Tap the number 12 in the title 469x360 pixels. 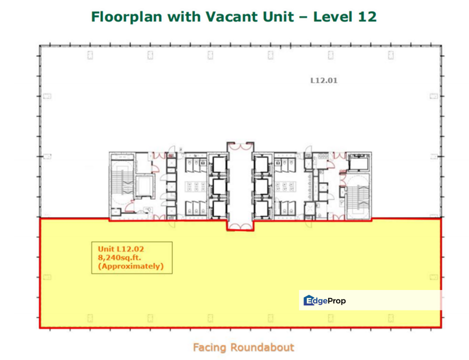[366, 16]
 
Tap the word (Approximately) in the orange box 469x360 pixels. [130, 266]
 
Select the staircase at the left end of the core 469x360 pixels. [121, 184]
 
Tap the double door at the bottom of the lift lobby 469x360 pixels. [240, 225]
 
